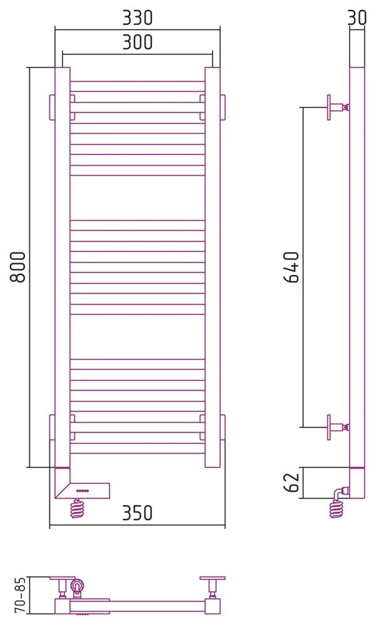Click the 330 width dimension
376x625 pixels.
click(x=137, y=17)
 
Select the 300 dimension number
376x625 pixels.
click(x=137, y=42)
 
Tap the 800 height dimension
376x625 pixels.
click(x=18, y=267)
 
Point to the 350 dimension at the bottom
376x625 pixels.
click(x=137, y=513)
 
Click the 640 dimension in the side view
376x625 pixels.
click(x=292, y=267)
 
